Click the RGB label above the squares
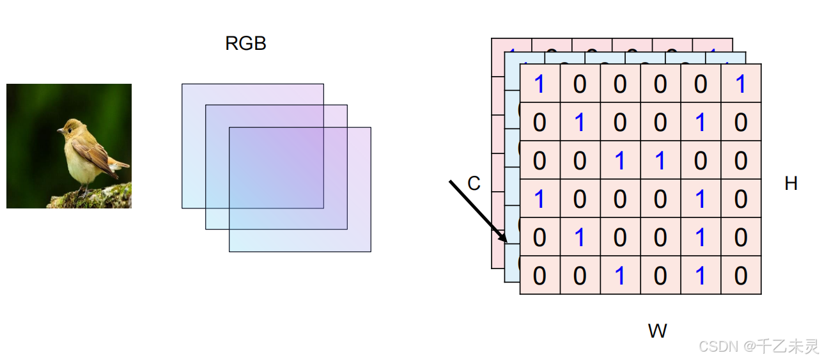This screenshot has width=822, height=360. (245, 43)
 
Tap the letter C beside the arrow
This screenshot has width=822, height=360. (474, 184)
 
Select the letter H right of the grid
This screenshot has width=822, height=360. (791, 184)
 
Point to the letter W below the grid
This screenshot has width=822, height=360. (657, 331)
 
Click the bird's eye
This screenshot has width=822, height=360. (70, 130)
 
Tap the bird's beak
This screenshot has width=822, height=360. (59, 130)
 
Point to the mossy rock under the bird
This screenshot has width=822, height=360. (96, 198)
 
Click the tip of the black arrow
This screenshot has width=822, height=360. (507, 243)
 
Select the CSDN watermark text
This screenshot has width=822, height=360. (758, 347)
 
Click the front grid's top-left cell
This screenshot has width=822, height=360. (539, 84)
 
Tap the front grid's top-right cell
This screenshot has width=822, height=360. (741, 84)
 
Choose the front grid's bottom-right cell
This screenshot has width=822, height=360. (741, 276)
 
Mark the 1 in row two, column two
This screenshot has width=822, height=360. (580, 122)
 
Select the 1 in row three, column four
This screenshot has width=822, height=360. (660, 160)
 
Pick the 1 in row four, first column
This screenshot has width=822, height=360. (539, 199)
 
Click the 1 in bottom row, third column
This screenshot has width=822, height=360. (620, 276)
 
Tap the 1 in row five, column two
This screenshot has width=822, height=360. (580, 237)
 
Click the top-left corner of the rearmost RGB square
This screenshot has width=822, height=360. (182, 84)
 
